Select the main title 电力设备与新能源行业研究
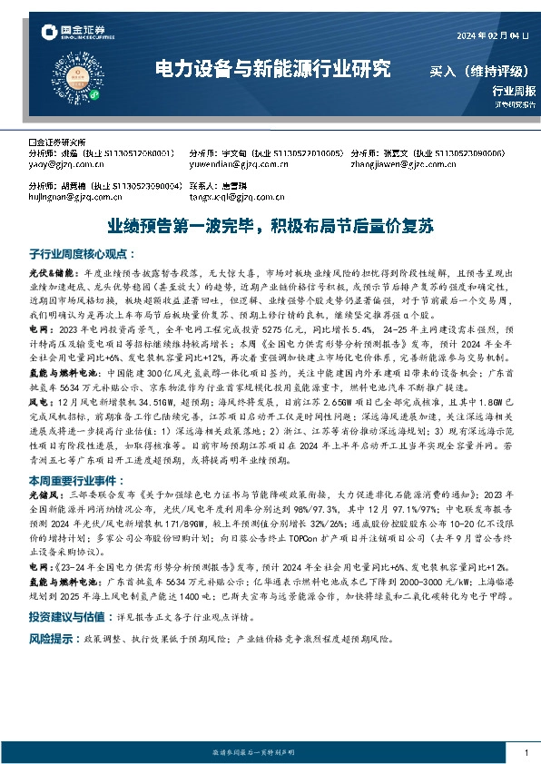point(273,69)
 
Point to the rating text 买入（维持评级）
point(481,70)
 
